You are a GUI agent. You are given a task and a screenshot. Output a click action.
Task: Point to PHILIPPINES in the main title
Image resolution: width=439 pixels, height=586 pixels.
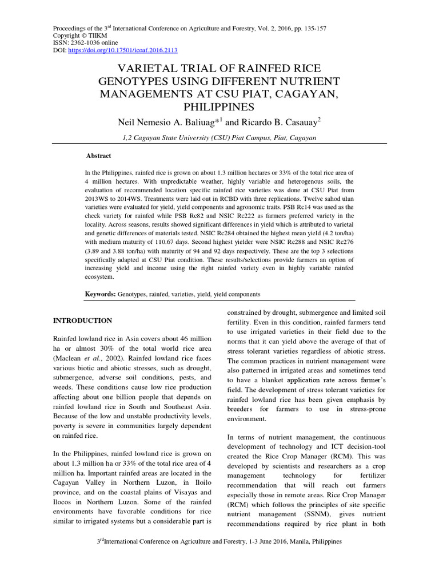(219, 108)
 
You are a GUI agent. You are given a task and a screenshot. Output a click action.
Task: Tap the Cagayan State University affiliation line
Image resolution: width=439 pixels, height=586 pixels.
(219, 138)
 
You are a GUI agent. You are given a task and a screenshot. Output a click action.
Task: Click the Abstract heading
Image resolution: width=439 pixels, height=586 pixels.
(98, 156)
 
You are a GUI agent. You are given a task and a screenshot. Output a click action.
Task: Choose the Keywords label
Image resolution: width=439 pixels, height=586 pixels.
(101, 294)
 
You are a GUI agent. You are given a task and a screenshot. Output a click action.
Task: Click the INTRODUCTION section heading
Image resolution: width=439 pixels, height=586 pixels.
(82, 320)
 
